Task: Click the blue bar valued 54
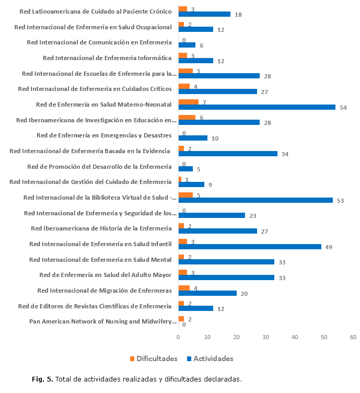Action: click(x=257, y=107)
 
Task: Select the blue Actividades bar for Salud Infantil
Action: click(x=250, y=247)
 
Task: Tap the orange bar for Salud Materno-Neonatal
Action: click(x=188, y=101)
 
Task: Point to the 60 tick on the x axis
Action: click(x=353, y=337)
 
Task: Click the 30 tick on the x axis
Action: click(x=265, y=337)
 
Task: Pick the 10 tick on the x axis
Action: click(x=207, y=337)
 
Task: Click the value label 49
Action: click(x=329, y=247)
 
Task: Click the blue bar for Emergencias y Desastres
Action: click(x=193, y=138)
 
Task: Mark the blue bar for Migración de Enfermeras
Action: click(x=207, y=293)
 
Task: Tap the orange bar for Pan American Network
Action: click(x=181, y=319)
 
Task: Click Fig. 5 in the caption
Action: click(x=43, y=379)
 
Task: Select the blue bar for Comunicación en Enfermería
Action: click(x=187, y=45)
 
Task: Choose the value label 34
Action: click(x=285, y=154)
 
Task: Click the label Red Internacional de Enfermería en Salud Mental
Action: click(x=100, y=259)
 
